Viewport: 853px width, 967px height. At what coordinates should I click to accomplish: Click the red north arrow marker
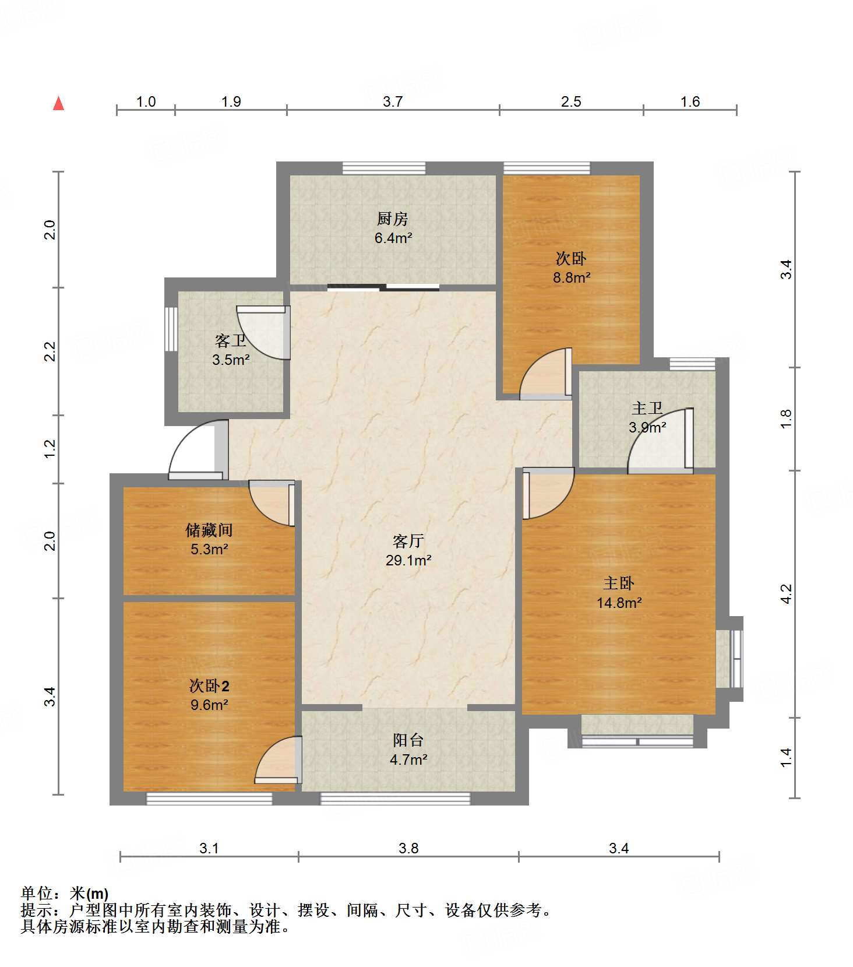point(58,103)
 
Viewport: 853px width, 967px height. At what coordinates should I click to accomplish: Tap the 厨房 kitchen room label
point(392,219)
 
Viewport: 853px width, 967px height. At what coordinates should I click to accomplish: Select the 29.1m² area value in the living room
point(408,560)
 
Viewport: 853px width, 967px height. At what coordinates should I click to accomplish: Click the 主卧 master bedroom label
point(618,583)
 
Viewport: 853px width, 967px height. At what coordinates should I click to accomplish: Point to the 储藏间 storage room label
point(209,530)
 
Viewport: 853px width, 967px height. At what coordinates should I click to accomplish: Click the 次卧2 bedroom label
point(209,685)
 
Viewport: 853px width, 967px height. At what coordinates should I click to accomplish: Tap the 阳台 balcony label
point(408,740)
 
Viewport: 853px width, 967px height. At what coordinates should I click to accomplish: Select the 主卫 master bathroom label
point(647,408)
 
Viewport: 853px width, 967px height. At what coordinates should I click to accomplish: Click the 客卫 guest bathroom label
point(231,340)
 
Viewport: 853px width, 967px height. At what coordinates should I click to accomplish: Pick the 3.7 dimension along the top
point(393,101)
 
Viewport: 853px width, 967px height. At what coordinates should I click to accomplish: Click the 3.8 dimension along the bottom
point(408,848)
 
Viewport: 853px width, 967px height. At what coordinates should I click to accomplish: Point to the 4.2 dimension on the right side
point(786,594)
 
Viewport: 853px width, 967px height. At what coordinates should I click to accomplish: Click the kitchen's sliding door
point(383,287)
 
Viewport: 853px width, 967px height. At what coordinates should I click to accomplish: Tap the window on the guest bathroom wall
point(171,329)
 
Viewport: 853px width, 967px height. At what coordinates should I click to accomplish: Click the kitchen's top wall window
point(384,168)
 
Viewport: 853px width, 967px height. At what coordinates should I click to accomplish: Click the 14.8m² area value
point(619,603)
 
